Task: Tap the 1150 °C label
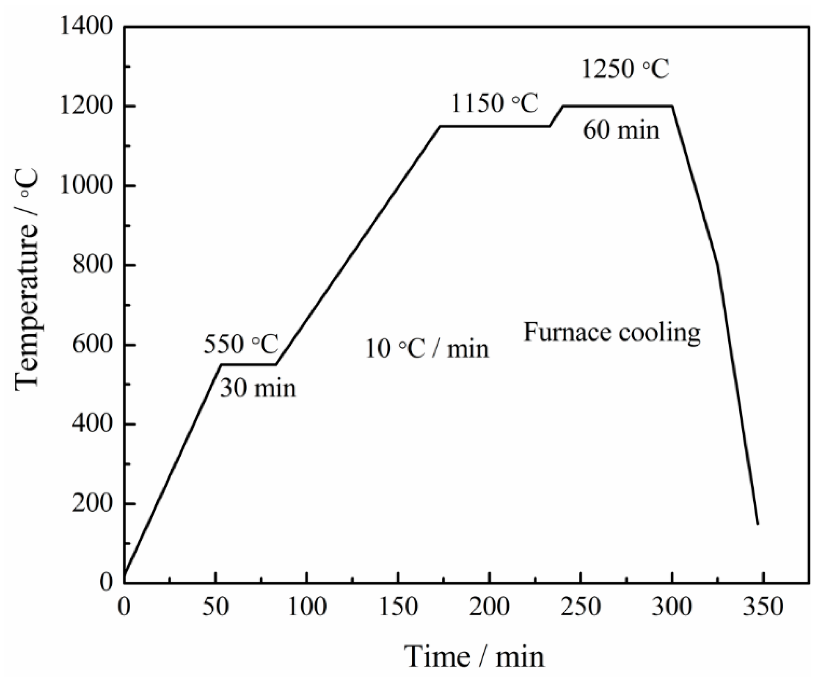point(494,104)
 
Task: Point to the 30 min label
point(258,388)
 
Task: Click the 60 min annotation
point(621,130)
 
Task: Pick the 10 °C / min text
point(427,349)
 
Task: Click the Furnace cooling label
point(612,332)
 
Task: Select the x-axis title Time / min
point(474,657)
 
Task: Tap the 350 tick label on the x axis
point(763,608)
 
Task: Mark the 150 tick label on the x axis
point(398,608)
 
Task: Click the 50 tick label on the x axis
point(215,608)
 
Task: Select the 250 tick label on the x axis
point(581,608)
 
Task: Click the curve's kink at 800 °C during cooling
point(718,264)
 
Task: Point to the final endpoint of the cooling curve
point(758,524)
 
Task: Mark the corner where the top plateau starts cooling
point(672,106)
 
